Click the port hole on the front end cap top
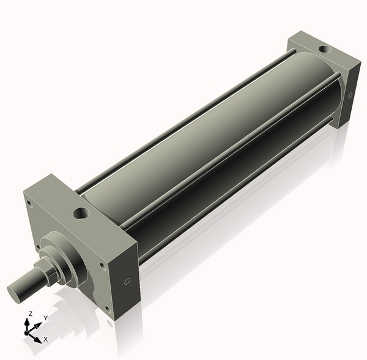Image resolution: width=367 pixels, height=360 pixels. (81, 214)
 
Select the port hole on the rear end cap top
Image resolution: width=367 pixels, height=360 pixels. (322, 47)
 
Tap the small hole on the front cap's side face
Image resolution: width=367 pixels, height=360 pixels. (127, 282)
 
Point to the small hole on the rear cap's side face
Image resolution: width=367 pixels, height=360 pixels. (351, 95)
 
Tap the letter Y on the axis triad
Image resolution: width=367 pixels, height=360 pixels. (45, 318)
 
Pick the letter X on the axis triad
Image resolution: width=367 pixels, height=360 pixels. (46, 339)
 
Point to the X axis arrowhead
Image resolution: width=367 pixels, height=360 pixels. (37, 337)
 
